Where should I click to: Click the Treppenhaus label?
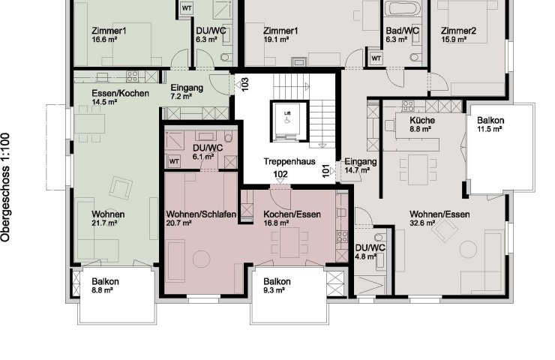tap(289, 161)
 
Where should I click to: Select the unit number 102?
tap(280, 174)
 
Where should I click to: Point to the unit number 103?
tap(245, 84)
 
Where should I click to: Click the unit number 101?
tap(326, 171)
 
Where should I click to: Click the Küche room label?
tap(422, 120)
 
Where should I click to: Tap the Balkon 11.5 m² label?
tap(490, 124)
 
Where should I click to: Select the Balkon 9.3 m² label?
tap(277, 286)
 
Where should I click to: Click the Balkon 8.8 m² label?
tap(105, 286)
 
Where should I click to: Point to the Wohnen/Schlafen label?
tap(201, 214)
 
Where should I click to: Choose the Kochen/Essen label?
tap(292, 214)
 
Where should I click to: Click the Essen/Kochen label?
tap(120, 94)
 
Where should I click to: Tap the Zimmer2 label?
tap(458, 31)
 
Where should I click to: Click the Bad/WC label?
tap(403, 31)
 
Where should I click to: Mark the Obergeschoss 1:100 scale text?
tap(5, 187)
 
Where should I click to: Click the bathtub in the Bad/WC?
tap(402, 8)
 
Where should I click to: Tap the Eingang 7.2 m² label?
tap(187, 91)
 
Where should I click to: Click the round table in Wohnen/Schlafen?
tap(202, 259)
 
